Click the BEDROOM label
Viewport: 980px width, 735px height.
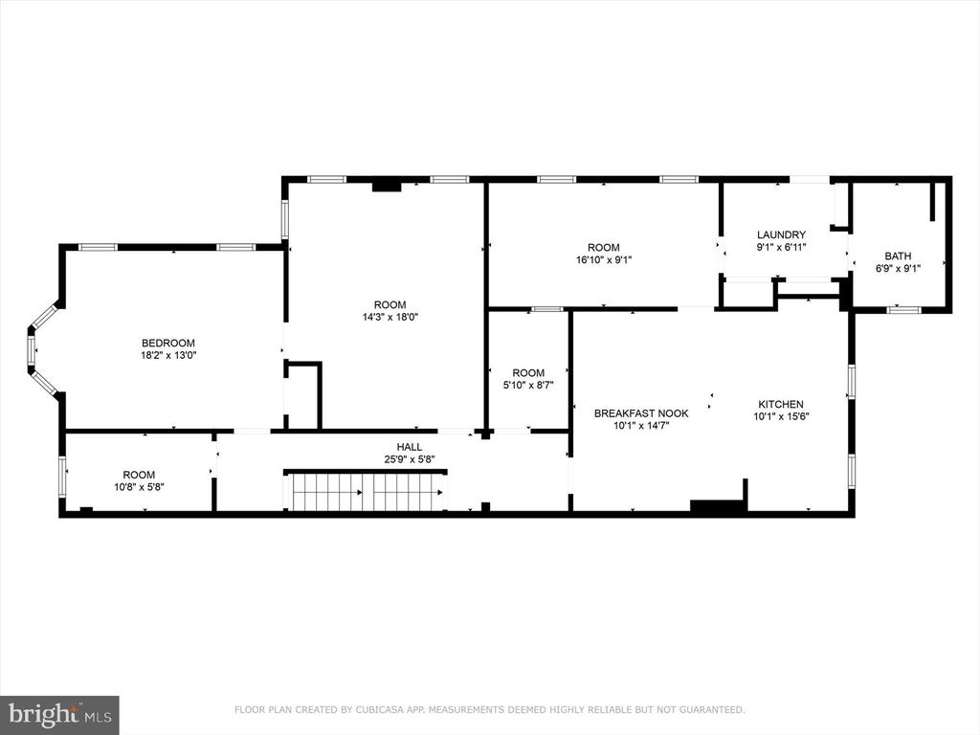click(x=168, y=344)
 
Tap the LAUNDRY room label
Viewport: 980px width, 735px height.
click(x=781, y=235)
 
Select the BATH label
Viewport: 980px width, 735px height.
click(x=898, y=256)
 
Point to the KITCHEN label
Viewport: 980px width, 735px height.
click(x=781, y=405)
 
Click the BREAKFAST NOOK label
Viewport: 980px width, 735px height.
click(x=641, y=413)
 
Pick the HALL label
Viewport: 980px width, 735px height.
click(x=410, y=447)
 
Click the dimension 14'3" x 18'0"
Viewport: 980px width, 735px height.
click(x=390, y=317)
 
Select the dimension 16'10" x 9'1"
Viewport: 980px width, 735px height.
click(x=604, y=259)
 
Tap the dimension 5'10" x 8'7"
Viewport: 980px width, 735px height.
click(x=528, y=385)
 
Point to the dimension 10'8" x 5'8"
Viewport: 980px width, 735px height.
click(x=139, y=487)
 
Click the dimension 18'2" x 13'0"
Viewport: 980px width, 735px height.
click(x=168, y=355)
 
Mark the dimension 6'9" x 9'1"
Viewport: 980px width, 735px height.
click(x=898, y=268)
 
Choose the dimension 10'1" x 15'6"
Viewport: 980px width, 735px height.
click(x=781, y=416)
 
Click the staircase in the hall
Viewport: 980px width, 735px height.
click(x=365, y=491)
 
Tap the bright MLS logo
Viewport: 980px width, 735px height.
click(x=59, y=713)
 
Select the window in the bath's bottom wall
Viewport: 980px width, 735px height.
click(x=903, y=309)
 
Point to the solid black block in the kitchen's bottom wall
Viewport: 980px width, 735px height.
click(x=719, y=507)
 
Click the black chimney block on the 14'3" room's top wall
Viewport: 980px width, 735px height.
click(x=387, y=185)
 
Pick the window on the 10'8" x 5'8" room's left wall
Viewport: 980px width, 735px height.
click(x=62, y=477)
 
